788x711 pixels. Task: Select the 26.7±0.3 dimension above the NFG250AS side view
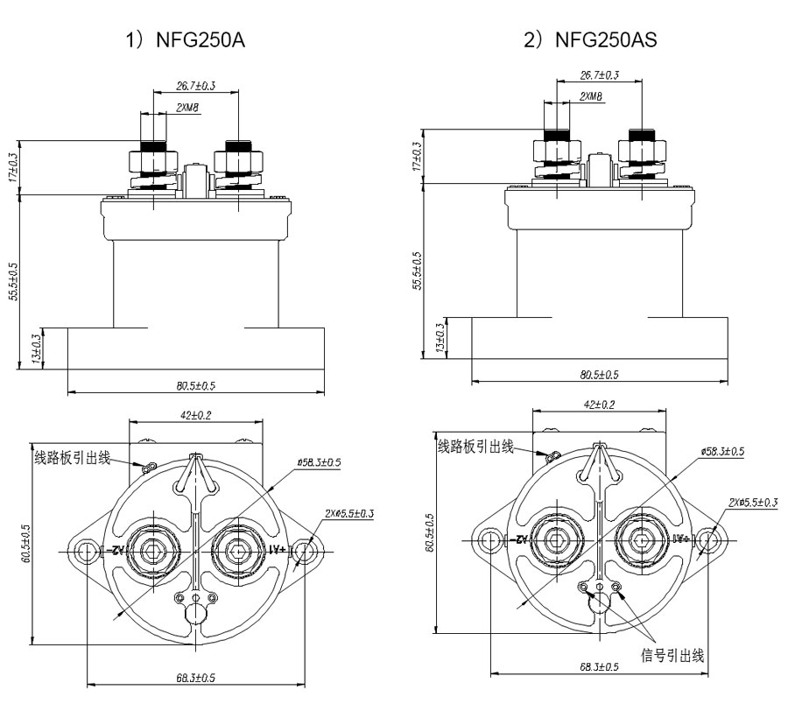click(x=599, y=75)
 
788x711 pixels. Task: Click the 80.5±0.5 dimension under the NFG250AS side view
click(x=600, y=375)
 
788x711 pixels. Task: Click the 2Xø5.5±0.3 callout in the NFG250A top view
click(x=348, y=513)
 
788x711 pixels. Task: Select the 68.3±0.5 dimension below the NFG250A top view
click(x=196, y=678)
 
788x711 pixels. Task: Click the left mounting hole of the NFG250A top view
click(x=86, y=552)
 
